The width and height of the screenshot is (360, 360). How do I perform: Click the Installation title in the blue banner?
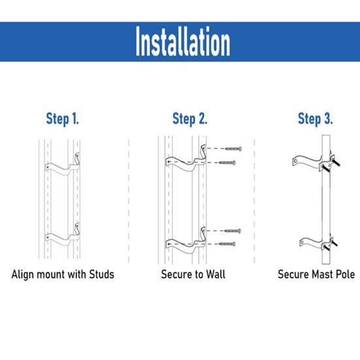pyautogui.click(x=183, y=41)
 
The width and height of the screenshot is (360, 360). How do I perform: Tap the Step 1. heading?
pyautogui.click(x=63, y=119)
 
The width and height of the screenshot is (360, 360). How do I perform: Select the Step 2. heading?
pyautogui.click(x=190, y=119)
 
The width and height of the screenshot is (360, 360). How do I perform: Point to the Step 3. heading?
pyautogui.click(x=315, y=119)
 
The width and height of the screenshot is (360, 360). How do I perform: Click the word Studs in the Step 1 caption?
pyautogui.click(x=102, y=274)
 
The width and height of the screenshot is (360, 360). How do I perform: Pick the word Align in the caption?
pyautogui.click(x=23, y=274)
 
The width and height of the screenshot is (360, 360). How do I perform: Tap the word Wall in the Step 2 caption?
pyautogui.click(x=216, y=274)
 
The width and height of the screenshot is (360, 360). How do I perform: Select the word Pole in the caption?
pyautogui.click(x=346, y=274)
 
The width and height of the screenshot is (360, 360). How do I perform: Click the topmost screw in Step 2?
pyautogui.click(x=233, y=149)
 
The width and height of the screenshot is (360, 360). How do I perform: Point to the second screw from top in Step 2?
pyautogui.click(x=227, y=163)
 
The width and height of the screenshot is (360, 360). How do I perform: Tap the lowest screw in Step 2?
pyautogui.click(x=227, y=244)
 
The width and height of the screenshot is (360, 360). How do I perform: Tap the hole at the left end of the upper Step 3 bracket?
pyautogui.click(x=296, y=161)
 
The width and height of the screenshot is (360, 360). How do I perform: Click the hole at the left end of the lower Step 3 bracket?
pyautogui.click(x=303, y=242)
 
